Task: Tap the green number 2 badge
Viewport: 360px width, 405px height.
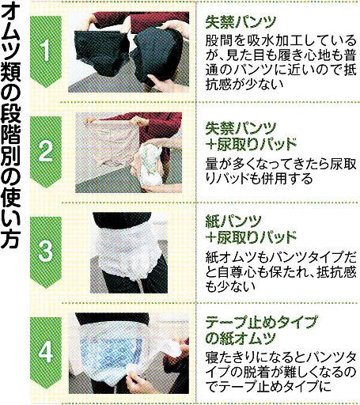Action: click(x=46, y=152)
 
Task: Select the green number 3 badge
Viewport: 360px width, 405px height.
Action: click(x=46, y=252)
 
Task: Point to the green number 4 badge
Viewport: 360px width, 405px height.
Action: click(x=46, y=353)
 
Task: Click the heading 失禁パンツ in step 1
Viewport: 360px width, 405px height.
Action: click(x=241, y=22)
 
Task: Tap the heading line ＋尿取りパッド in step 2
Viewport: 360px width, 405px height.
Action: click(x=251, y=144)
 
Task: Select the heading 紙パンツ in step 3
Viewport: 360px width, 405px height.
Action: click(x=233, y=221)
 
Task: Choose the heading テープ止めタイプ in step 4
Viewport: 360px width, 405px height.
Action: click(x=261, y=322)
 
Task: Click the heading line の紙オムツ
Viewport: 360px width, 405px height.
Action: click(x=241, y=338)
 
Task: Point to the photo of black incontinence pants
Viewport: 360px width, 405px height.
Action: click(x=128, y=52)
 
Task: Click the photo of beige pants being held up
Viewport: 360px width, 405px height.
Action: click(x=128, y=153)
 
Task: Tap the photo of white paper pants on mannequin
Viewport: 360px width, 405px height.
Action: click(x=129, y=252)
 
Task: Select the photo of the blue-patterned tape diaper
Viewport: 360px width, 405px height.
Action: click(x=128, y=354)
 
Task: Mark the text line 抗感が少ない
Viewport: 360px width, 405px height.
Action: click(x=244, y=85)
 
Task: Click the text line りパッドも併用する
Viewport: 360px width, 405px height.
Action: click(x=259, y=179)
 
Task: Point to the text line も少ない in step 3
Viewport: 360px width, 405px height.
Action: click(x=230, y=286)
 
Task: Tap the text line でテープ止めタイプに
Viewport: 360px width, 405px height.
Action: click(x=268, y=386)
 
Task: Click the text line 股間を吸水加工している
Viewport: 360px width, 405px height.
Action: click(x=281, y=41)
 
